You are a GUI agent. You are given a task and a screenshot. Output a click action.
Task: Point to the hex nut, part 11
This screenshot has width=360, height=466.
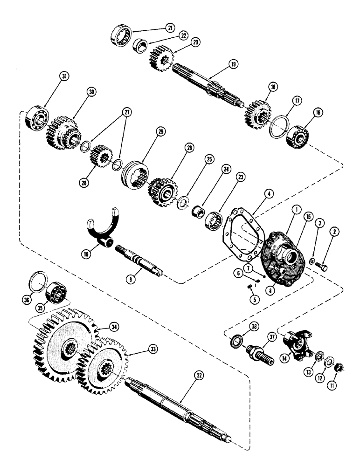[340, 367]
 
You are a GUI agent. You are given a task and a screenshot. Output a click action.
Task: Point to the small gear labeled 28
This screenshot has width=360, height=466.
[99, 157]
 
